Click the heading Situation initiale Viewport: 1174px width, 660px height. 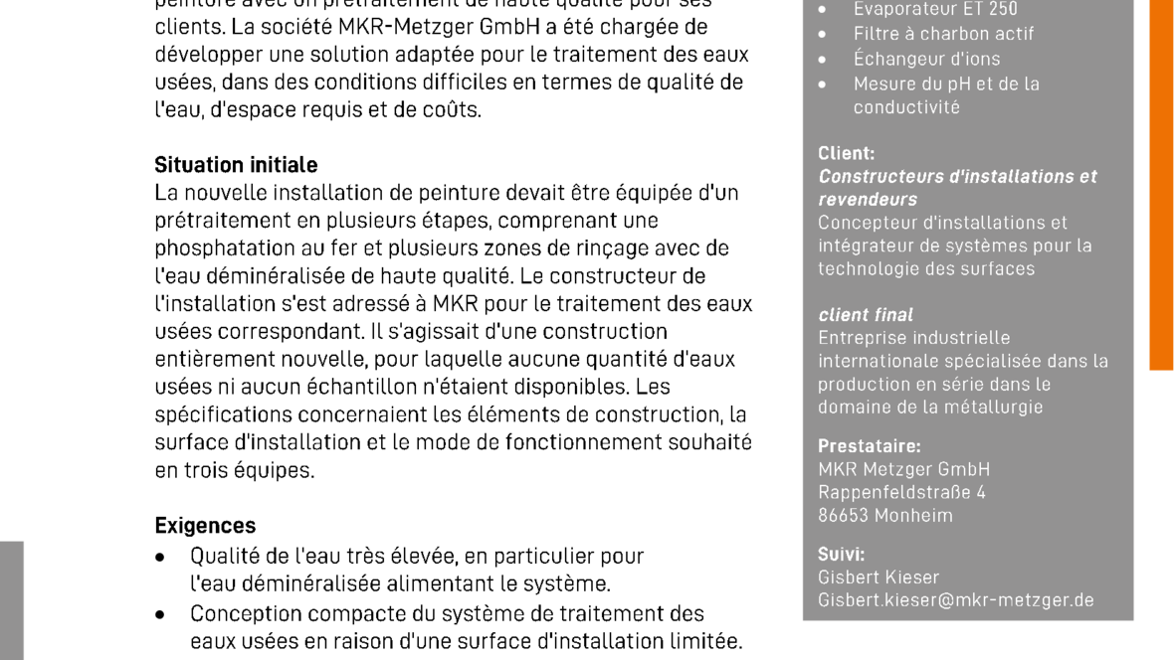(x=236, y=165)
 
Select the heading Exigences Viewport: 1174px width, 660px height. (x=205, y=526)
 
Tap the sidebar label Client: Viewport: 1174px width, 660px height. (x=846, y=153)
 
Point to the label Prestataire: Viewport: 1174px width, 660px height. (x=869, y=446)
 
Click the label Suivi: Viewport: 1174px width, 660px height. (x=841, y=555)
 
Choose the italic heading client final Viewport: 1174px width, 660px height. (x=865, y=315)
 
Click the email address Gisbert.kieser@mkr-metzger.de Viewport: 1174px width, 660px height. (x=955, y=600)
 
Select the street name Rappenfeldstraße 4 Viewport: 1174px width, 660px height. (x=901, y=492)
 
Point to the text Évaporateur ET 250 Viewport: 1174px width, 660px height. (x=934, y=9)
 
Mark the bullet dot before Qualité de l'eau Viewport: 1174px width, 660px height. (x=160, y=558)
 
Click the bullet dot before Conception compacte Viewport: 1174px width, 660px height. (x=160, y=614)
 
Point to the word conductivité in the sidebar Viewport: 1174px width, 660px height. (x=905, y=107)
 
